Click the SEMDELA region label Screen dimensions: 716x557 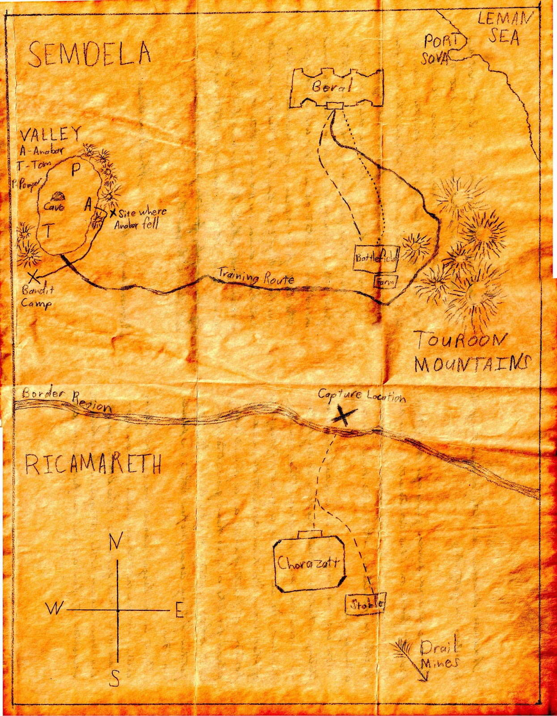tap(89, 54)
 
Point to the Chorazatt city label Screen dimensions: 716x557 tap(309, 563)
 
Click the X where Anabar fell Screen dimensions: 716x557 tap(113, 213)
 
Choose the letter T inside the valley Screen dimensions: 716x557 tap(49, 231)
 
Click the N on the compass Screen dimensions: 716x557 tap(115, 542)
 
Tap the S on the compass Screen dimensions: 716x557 tap(115, 678)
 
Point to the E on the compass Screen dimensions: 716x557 tap(179, 610)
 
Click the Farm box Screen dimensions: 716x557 tap(385, 281)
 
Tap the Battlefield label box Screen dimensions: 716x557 tap(376, 258)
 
